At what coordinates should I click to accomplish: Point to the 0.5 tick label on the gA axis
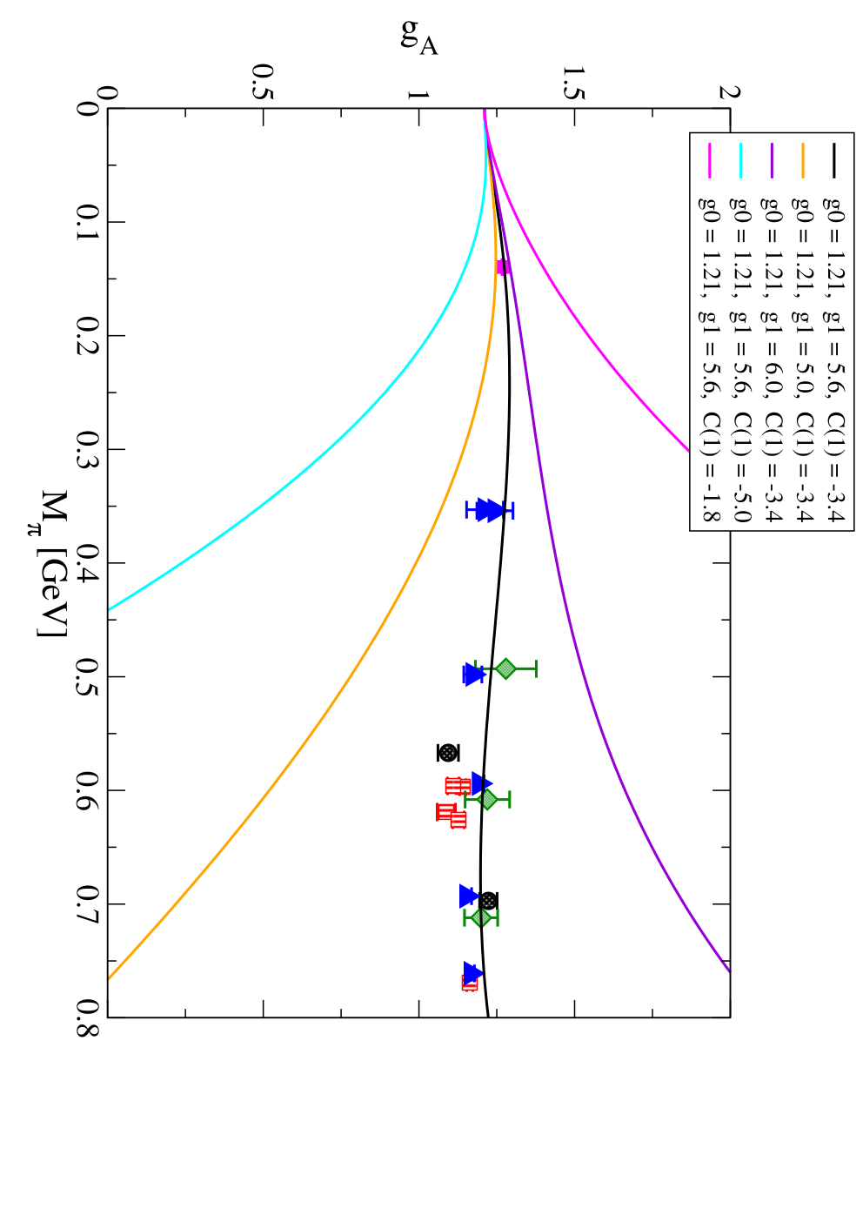[x=263, y=83]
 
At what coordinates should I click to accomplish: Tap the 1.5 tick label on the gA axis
[x=574, y=83]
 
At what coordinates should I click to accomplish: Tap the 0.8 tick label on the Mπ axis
[x=87, y=1017]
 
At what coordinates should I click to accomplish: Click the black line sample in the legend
[x=833, y=160]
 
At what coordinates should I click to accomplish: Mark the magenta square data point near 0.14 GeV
[x=503, y=267]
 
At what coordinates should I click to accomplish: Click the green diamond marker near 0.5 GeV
[x=506, y=668]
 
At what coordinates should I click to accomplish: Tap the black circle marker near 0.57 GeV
[x=448, y=753]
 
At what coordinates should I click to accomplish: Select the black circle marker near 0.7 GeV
[x=488, y=900]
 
